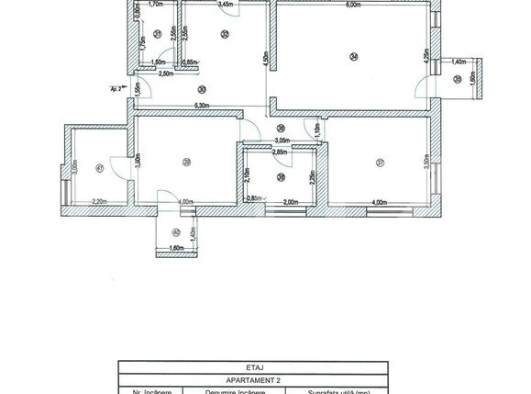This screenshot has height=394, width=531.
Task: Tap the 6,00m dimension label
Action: point(353,5)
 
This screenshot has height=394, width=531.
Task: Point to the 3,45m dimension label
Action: point(225,5)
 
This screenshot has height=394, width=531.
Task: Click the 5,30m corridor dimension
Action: point(205,106)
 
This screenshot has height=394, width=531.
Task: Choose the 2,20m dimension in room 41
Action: point(99,202)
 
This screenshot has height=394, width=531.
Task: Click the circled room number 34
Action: point(353,57)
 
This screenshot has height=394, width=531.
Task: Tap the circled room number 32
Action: point(225,34)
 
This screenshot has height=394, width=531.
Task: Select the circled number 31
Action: point(158,34)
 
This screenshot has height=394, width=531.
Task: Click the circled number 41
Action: point(98,167)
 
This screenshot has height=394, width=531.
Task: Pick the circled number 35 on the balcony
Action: point(458,79)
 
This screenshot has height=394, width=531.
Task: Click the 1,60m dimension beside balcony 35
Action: point(472,78)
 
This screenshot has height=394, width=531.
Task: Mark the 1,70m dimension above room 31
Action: point(156,5)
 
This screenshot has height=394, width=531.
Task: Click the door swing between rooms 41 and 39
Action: point(120,165)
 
